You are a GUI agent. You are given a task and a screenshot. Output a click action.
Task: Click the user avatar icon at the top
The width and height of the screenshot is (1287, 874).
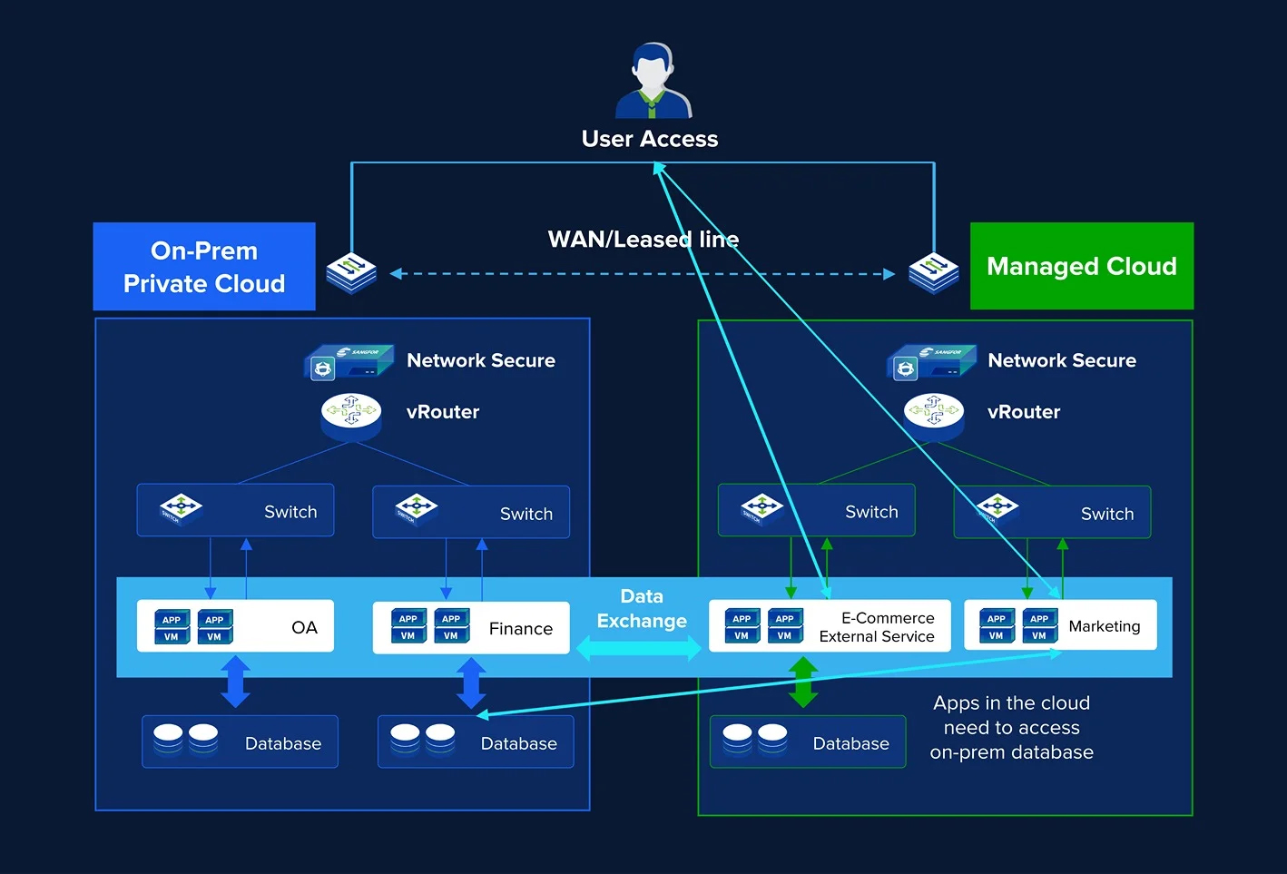653,81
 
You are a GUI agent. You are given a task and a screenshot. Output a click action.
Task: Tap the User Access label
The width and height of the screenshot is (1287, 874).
650,139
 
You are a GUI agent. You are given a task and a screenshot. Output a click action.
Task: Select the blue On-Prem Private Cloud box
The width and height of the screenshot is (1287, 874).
204,267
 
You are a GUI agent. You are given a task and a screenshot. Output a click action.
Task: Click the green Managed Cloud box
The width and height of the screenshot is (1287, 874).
1081,266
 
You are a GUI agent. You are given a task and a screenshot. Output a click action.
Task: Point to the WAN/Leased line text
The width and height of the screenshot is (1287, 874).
643,240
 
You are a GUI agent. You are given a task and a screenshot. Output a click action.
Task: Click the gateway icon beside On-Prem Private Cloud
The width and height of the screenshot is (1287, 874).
351,273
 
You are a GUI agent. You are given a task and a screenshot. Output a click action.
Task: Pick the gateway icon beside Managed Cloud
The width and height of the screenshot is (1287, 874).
934,273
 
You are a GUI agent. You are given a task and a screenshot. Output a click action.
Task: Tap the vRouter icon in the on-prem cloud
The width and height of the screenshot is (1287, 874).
351,413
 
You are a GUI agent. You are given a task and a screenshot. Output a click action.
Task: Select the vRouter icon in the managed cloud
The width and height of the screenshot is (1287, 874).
934,413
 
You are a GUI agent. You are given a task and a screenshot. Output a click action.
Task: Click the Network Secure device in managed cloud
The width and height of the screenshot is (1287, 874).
931,362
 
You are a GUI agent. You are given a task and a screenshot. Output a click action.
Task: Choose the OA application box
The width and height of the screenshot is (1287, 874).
235,626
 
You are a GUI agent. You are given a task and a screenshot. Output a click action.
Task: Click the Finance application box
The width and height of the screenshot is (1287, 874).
471,627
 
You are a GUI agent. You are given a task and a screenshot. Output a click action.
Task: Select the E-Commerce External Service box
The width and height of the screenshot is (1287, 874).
829,626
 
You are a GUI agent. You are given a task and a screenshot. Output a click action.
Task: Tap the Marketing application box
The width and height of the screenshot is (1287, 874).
1060,625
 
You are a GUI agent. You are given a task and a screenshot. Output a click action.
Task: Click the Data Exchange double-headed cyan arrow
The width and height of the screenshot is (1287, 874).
640,648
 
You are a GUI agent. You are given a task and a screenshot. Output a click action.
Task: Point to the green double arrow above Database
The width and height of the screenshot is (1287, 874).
803,683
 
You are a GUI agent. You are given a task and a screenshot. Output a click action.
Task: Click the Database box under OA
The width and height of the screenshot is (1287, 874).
240,742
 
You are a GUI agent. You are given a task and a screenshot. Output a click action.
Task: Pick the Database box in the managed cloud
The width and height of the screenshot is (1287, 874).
808,742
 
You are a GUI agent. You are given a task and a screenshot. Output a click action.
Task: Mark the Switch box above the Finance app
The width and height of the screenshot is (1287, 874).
471,513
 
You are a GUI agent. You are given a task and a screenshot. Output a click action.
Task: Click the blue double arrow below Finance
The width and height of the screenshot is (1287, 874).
471,683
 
